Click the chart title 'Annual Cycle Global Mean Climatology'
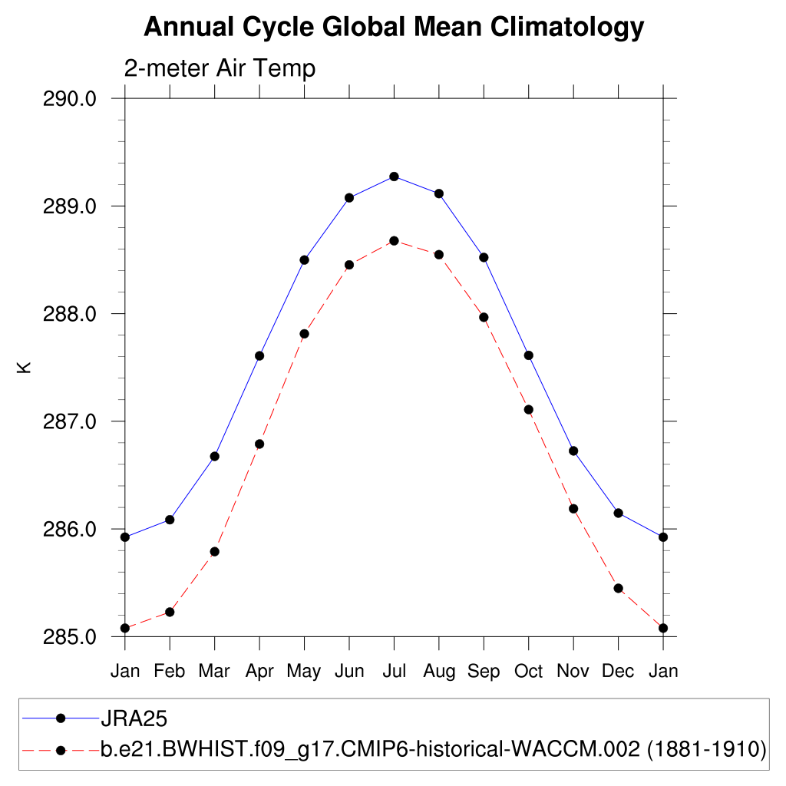point(393,28)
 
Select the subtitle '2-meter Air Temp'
point(220,68)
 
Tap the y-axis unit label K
point(25,367)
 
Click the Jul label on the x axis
point(394,672)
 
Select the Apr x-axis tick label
point(259,672)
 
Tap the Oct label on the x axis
point(529,672)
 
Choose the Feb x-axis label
point(170,672)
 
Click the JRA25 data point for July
point(394,177)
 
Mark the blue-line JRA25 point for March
point(215,457)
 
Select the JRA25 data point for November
point(573,451)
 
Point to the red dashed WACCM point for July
point(394,241)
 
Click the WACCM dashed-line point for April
point(259,444)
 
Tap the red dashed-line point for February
point(170,612)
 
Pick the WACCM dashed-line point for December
point(618,588)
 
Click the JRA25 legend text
point(134,719)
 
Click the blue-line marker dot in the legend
point(61,718)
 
